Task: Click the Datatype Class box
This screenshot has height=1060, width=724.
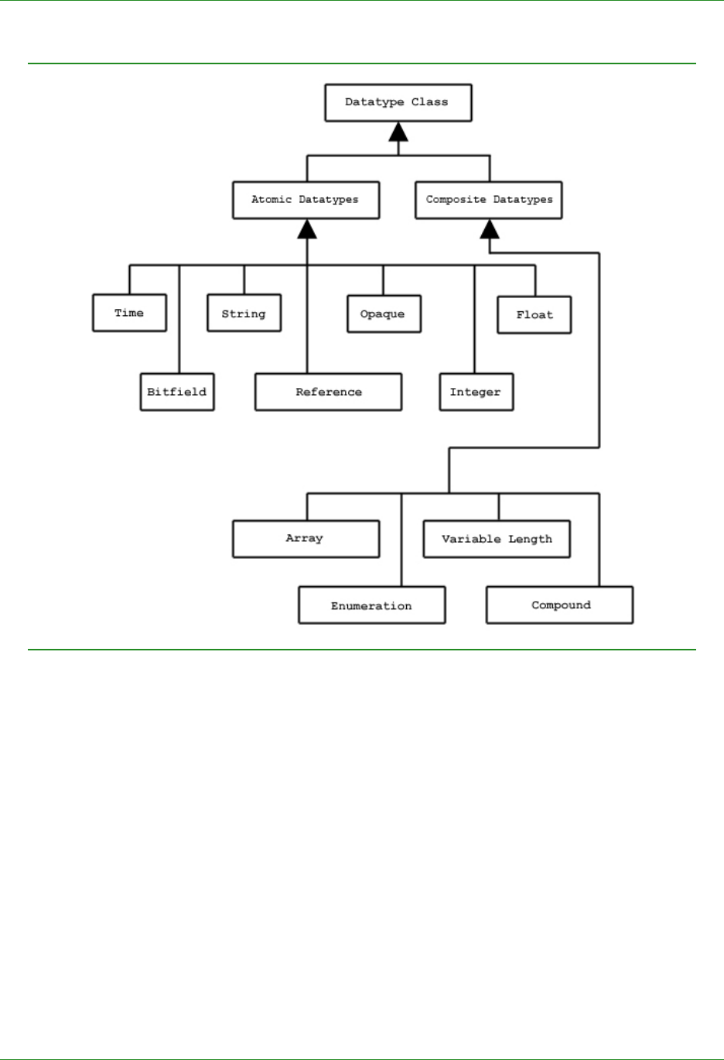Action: [398, 103]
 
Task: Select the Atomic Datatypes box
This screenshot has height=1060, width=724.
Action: [306, 200]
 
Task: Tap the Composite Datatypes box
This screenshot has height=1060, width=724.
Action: [488, 200]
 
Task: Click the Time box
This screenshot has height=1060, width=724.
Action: [129, 313]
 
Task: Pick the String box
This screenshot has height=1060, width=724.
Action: [244, 314]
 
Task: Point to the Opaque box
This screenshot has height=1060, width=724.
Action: [384, 314]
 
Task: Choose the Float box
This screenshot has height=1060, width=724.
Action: [534, 314]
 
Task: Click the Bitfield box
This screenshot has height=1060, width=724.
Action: [176, 392]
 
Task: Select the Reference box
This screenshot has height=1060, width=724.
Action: [328, 392]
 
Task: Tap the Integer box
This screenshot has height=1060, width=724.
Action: [476, 392]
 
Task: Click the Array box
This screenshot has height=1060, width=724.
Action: [306, 539]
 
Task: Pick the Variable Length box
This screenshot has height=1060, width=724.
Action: [496, 539]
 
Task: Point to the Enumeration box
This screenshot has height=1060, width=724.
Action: [371, 605]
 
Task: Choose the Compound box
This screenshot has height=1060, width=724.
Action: [559, 605]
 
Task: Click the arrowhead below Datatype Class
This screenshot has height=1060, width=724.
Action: [398, 132]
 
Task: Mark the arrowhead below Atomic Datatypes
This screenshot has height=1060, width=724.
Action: [307, 229]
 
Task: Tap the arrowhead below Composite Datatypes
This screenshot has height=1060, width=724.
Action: [490, 229]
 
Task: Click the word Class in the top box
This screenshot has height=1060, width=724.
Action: [429, 102]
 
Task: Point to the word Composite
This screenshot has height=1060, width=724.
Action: [456, 200]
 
